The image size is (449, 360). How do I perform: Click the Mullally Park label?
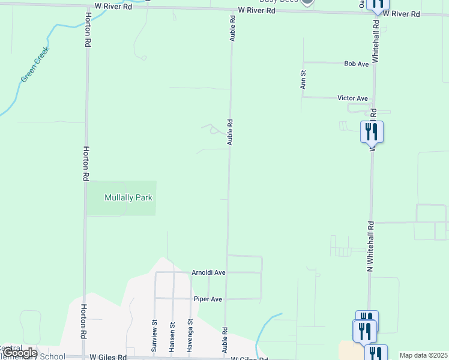point(128,197)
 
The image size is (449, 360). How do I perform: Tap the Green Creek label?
point(35,65)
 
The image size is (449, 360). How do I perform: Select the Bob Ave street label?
point(356,64)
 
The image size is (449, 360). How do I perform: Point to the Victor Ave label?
point(352,98)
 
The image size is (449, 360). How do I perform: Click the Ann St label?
point(304,80)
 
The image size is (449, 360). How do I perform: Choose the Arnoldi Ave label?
point(208,272)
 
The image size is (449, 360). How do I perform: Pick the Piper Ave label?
point(208,299)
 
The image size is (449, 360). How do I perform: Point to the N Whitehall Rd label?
point(371,246)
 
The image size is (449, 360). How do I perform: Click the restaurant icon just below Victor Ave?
point(372,132)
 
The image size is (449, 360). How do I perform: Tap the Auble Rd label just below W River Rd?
point(232,29)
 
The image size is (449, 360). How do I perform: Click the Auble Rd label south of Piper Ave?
point(225,339)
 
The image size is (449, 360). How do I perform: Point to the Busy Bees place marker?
point(307,2)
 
